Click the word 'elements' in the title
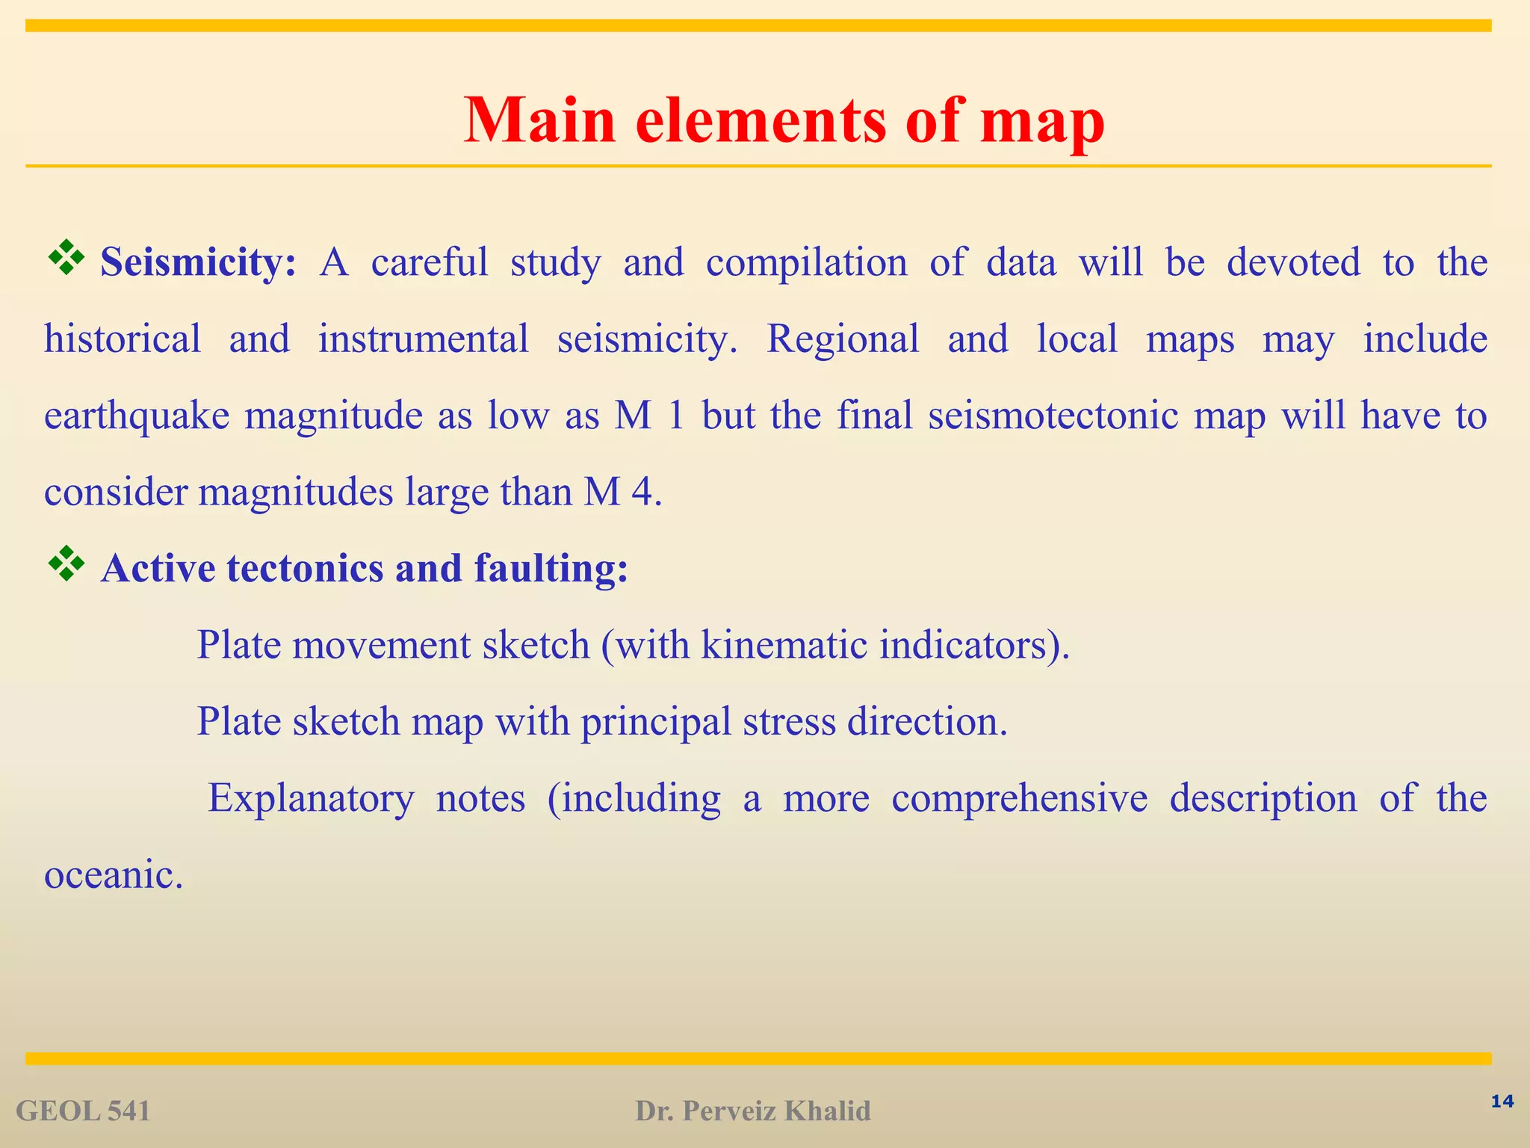coord(761,121)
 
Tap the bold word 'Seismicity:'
coord(199,263)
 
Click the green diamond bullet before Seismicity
coord(66,257)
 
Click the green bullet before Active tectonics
coord(66,564)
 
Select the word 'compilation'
coord(806,263)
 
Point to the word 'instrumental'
coord(424,339)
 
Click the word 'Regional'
coord(843,339)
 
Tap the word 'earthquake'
coord(137,416)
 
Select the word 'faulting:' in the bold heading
coord(551,569)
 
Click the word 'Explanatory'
coord(310,798)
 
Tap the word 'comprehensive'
coord(1019,798)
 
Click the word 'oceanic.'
coord(114,874)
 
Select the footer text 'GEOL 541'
coord(83,1111)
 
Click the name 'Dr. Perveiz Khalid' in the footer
coord(752,1111)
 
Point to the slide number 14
coord(1502,1101)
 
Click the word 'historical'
coord(123,339)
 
